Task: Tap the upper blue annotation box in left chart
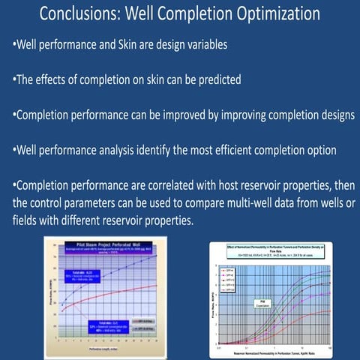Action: tap(83, 275)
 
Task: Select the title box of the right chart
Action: tap(277, 249)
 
